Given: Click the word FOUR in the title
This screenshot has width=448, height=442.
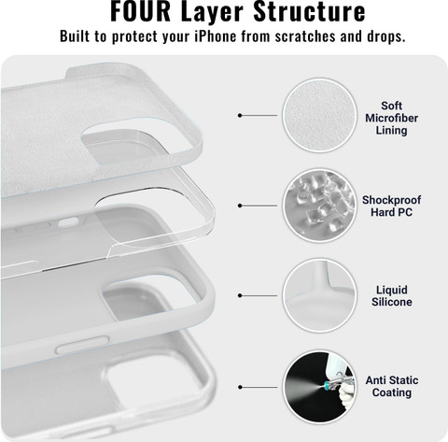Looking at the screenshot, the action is [140, 11].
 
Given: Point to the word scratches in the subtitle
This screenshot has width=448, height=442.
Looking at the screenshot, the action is [305, 36].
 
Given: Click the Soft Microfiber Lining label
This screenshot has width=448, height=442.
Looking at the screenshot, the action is [391, 118].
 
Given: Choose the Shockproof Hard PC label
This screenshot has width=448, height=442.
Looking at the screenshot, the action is [391, 206].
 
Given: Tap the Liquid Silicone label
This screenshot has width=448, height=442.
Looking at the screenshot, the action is [392, 296].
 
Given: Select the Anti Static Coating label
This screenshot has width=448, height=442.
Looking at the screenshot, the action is [392, 386].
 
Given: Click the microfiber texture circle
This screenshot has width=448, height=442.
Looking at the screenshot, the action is [319, 115].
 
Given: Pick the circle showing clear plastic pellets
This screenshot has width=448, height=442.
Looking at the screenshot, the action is [319, 206].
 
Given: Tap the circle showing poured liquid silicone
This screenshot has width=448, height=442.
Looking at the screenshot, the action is [319, 295].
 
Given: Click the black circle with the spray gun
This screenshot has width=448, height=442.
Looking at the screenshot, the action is [319, 387].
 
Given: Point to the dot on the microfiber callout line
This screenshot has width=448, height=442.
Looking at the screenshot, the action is [240, 115].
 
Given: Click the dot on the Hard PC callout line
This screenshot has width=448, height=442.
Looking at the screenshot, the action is [240, 206].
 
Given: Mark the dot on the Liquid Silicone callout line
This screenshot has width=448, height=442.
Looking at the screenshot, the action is [240, 295].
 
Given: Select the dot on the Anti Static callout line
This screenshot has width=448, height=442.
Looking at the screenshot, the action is [240, 387].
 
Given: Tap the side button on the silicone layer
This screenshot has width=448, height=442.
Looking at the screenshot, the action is [82, 344].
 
